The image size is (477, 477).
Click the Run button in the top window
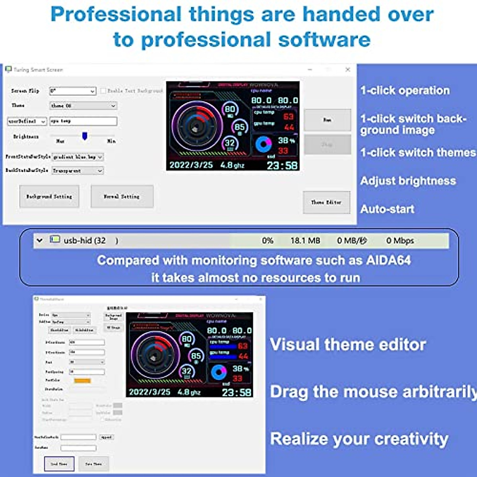[x=327, y=120]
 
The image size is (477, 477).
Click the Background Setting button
[x=49, y=196]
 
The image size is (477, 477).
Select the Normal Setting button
[x=122, y=196]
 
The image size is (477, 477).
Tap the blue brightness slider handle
[x=85, y=136]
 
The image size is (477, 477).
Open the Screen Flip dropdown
[x=73, y=91]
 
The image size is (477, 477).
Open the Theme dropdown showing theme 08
[x=83, y=106]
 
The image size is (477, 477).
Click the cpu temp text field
[x=83, y=121]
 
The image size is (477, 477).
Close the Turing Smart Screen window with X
[x=348, y=70]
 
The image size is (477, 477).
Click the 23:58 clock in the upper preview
[x=282, y=165]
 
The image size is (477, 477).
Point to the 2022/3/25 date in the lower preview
[x=149, y=392]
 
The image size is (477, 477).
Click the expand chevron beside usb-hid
[x=39, y=240]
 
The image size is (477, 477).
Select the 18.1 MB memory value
[x=305, y=240]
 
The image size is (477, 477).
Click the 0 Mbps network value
[x=400, y=240]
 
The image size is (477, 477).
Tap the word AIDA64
[x=388, y=260]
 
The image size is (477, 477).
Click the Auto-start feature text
[x=387, y=209]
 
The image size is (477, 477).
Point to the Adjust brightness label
[x=408, y=181]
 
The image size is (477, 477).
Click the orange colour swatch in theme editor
[x=82, y=380]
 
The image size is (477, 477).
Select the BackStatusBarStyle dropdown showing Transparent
[x=78, y=171]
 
